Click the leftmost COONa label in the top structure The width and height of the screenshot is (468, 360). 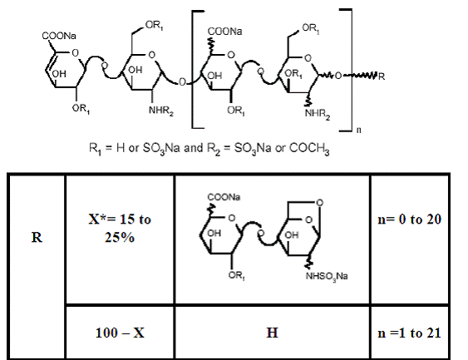click(x=59, y=36)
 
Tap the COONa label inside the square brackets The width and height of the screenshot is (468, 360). click(x=224, y=32)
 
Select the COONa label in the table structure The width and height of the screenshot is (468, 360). click(x=224, y=197)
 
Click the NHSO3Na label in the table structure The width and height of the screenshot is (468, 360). click(x=327, y=276)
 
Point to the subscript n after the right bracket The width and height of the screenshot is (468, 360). click(x=359, y=131)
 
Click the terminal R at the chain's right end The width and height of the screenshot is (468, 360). click(x=382, y=76)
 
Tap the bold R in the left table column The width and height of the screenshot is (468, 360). click(x=37, y=237)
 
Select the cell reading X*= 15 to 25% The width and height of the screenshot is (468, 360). click(x=120, y=229)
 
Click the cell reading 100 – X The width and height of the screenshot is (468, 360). click(x=120, y=333)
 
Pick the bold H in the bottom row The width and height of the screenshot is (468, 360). click(x=272, y=333)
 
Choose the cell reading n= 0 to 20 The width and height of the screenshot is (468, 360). click(x=409, y=219)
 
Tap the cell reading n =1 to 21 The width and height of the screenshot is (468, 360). click(x=409, y=333)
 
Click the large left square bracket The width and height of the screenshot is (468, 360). click(x=194, y=70)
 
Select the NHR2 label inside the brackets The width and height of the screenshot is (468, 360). click(x=318, y=114)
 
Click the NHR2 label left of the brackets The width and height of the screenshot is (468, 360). click(x=161, y=111)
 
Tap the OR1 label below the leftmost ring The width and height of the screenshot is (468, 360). click(x=81, y=109)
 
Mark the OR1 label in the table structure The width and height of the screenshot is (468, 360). click(x=237, y=275)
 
